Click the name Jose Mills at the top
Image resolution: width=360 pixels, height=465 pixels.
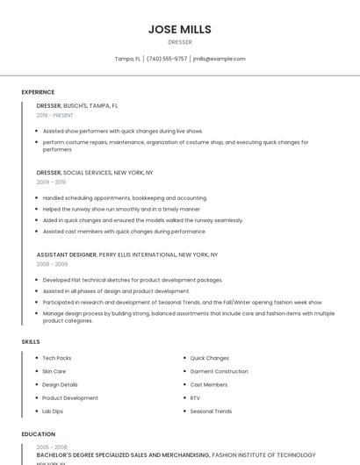(180, 29)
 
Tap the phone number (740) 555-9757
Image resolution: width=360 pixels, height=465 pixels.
(167, 59)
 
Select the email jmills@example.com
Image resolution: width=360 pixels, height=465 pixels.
(219, 59)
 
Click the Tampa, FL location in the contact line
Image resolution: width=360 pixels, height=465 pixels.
(127, 59)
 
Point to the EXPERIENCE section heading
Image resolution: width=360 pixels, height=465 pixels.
(38, 92)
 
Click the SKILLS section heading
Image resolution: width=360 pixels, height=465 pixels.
(30, 341)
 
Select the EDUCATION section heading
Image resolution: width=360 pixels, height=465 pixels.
(38, 434)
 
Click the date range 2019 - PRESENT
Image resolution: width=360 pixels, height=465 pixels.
(55, 115)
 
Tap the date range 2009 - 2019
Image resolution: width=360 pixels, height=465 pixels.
(51, 182)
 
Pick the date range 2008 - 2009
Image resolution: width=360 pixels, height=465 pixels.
(52, 263)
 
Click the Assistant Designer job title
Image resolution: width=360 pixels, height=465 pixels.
(67, 254)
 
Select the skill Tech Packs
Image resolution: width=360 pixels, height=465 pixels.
(57, 358)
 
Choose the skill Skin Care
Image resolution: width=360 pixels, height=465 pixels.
(54, 371)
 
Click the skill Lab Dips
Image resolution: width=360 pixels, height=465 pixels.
(53, 411)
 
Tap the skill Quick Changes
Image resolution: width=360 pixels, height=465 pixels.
(210, 358)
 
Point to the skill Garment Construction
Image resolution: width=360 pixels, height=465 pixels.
(220, 371)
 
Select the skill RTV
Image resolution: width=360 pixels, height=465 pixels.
(195, 397)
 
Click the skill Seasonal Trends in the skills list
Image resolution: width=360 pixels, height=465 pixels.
(211, 411)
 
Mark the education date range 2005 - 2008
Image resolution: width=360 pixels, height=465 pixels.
(51, 447)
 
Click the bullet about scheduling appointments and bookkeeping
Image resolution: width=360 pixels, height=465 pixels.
(125, 198)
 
